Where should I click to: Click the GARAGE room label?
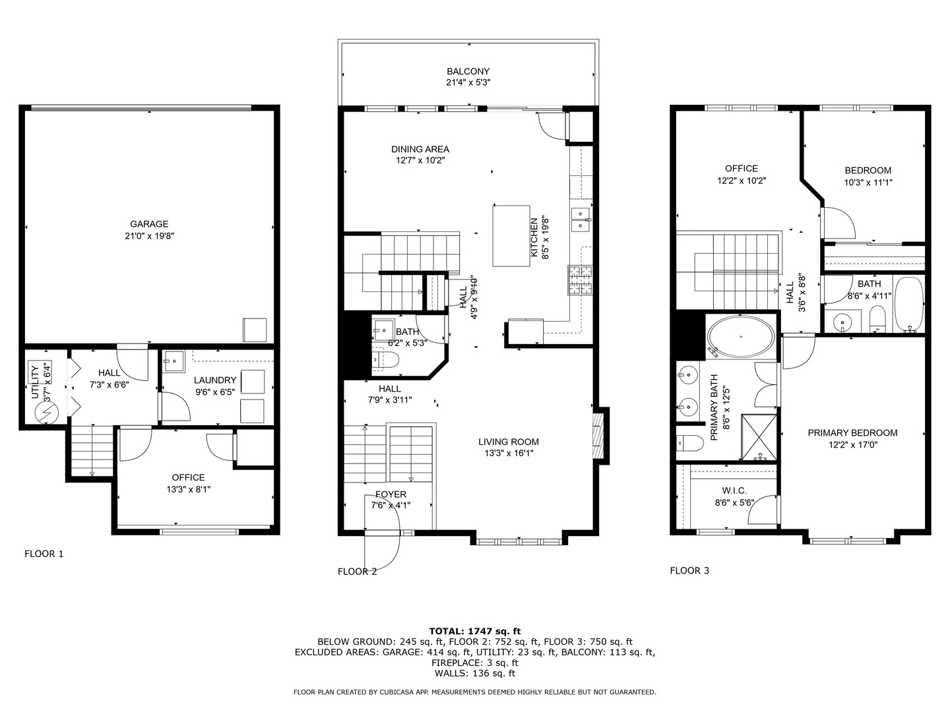[148, 224]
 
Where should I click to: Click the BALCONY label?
[468, 71]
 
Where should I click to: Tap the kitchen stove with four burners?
[581, 280]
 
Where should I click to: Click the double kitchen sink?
[581, 220]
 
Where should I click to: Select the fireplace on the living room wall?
[598, 436]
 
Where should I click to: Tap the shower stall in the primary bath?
[759, 437]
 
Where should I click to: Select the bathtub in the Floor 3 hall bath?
[908, 304]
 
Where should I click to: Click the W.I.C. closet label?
[734, 490]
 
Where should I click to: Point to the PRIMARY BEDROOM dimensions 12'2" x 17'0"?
[852, 445]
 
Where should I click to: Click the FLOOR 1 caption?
[44, 554]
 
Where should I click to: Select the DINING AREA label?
[420, 149]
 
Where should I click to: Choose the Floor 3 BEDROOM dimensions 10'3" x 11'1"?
[868, 183]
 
